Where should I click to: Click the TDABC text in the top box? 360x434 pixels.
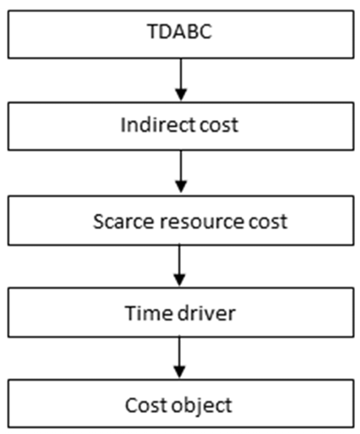tap(179, 31)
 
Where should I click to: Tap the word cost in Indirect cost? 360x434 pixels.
tap(219, 125)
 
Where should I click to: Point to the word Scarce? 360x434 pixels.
tap(123, 222)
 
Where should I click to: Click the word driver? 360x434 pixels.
tap(207, 313)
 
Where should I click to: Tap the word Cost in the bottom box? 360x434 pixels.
tap(146, 405)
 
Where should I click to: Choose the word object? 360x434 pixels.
tap(202, 406)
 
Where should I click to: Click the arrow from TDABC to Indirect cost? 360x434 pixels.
tap(181, 80)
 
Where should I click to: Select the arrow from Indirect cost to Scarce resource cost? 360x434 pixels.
tap(181, 172)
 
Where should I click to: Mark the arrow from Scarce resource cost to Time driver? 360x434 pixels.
tap(179, 266)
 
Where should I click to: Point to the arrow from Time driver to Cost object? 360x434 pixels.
tap(179, 357)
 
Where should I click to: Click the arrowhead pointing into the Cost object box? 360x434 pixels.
tap(179, 372)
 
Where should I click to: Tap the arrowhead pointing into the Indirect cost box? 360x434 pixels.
tap(181, 95)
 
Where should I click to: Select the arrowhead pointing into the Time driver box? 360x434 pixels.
tap(179, 280)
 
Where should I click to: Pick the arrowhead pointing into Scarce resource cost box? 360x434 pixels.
tap(181, 187)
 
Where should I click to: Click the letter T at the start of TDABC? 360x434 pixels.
tap(152, 31)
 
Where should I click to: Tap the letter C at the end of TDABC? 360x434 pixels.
tap(206, 31)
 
